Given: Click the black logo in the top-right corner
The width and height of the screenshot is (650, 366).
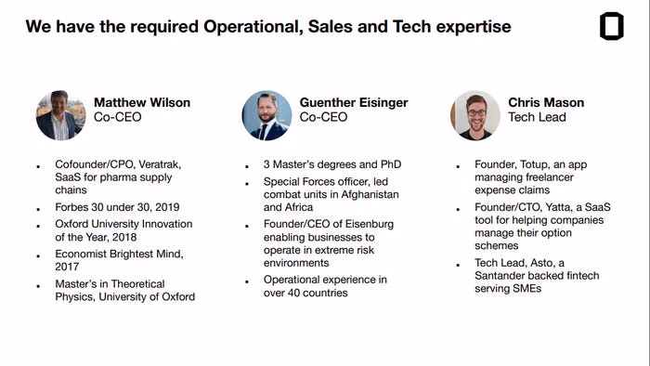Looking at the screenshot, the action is (611, 26).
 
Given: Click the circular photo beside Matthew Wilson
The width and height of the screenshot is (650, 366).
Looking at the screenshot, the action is (61, 115).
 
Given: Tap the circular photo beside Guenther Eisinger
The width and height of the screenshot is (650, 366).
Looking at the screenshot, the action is (266, 115).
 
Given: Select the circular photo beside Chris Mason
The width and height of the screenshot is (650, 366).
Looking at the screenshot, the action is (475, 115).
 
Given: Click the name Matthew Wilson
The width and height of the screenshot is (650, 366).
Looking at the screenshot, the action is (142, 102).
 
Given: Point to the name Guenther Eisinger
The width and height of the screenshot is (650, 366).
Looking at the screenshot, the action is (354, 102).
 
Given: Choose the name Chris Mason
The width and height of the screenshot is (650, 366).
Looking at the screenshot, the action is (546, 102).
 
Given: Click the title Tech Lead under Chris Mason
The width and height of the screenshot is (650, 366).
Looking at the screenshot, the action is (537, 117).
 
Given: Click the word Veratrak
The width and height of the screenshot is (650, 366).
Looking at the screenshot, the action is (160, 164).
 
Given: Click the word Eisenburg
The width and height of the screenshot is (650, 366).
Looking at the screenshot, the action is (370, 224).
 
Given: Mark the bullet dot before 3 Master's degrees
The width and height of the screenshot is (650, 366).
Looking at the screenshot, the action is (247, 166).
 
